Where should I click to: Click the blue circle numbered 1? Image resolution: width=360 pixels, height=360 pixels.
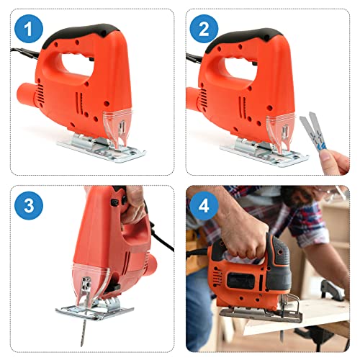tap(29, 30)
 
